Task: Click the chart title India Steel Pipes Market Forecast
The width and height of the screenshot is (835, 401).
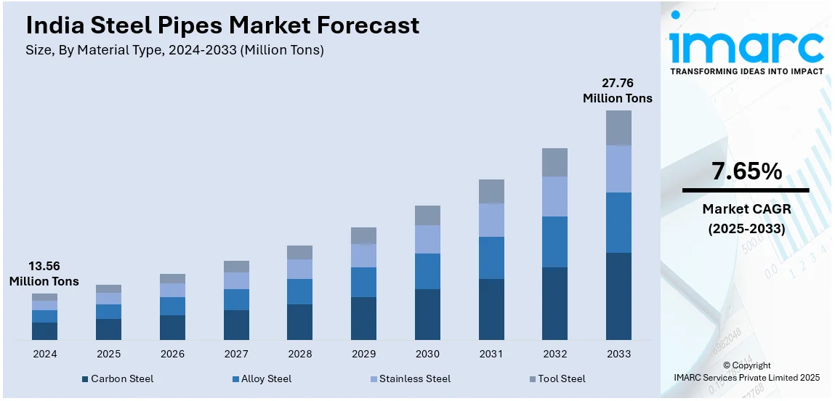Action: tap(222, 25)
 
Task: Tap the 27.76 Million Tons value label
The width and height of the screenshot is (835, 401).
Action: tap(618, 91)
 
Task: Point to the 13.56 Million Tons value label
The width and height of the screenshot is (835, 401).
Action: tap(44, 273)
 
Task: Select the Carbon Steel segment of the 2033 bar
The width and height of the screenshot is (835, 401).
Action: tap(618, 296)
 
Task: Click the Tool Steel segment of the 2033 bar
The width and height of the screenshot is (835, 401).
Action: tap(618, 128)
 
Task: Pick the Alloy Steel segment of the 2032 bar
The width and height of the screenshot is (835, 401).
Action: tap(554, 241)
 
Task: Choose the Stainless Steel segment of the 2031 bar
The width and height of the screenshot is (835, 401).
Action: tap(491, 219)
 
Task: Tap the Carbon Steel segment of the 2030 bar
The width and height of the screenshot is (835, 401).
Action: tap(427, 314)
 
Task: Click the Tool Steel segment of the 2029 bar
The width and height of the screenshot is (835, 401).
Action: tap(363, 235)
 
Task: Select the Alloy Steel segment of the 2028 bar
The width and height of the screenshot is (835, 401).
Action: tap(299, 291)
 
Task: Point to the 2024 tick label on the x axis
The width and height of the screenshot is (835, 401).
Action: tap(44, 354)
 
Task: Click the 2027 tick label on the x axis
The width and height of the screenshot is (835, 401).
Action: tap(236, 354)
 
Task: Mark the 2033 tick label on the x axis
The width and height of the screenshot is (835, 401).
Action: tap(618, 354)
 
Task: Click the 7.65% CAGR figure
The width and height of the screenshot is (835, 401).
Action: tap(746, 171)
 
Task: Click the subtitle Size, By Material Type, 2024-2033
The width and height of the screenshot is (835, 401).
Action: tap(174, 50)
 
